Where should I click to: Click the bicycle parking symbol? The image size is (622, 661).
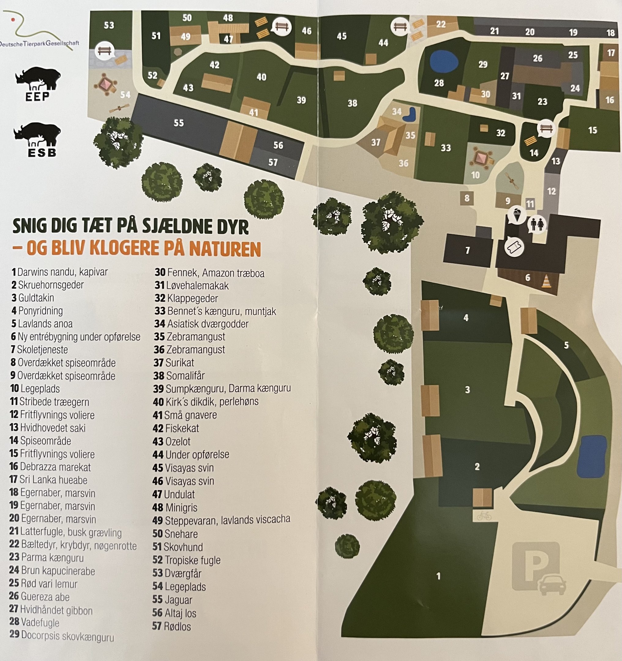[x=484, y=516]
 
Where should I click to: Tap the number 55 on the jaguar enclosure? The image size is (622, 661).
[x=179, y=123]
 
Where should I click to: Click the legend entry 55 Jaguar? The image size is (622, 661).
[x=172, y=600]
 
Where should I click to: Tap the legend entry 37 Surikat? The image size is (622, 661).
[x=174, y=363]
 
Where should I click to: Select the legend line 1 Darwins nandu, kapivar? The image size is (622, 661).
[x=60, y=272]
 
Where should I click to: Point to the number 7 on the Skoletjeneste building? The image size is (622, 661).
[x=468, y=250]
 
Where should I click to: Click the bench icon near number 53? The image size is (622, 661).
[x=104, y=51]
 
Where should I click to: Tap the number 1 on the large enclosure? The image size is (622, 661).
[x=438, y=576]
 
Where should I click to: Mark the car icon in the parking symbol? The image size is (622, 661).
[x=552, y=585]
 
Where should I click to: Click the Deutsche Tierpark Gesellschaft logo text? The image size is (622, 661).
[x=39, y=43]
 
